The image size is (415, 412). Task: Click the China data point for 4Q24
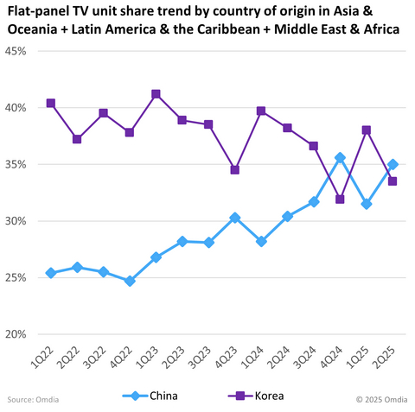[340, 157]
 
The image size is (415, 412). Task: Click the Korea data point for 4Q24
[340, 200]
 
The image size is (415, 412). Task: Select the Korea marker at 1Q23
[156, 94]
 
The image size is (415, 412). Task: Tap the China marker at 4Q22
[130, 281]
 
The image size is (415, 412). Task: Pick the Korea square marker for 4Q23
[234, 170]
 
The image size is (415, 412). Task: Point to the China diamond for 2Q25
[393, 164]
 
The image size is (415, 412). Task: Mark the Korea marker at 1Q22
[51, 103]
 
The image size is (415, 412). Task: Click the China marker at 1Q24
[261, 241]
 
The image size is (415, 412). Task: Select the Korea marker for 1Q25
[367, 130]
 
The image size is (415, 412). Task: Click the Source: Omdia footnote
[33, 399]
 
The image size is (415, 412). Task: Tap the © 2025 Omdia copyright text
[381, 399]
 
